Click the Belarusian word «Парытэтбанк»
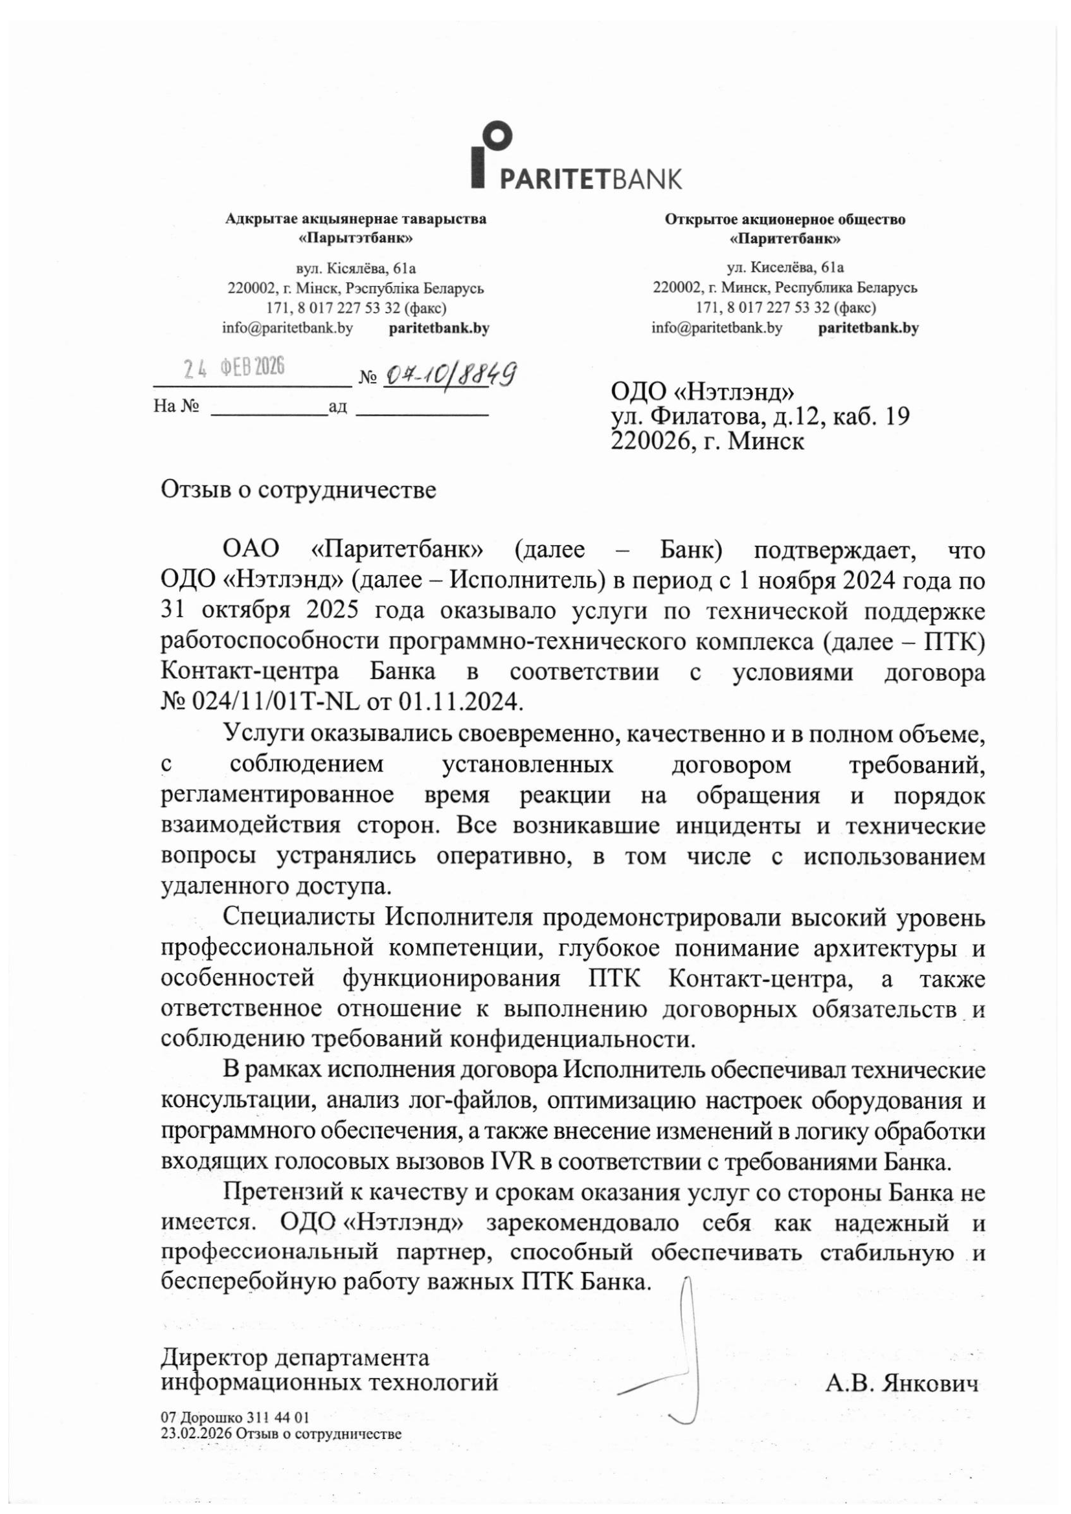[x=356, y=238]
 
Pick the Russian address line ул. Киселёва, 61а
[x=785, y=267]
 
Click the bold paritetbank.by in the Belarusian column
[x=439, y=328]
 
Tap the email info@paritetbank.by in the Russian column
[x=717, y=328]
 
